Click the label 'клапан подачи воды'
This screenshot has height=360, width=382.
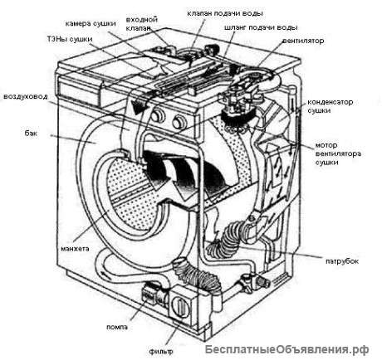[x=225, y=13]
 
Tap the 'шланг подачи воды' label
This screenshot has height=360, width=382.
[x=261, y=27]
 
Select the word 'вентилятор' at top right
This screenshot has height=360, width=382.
[x=303, y=41]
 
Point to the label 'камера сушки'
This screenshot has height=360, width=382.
[x=91, y=23]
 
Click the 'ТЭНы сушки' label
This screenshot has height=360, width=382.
[x=70, y=39]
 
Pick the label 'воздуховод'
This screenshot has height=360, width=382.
[x=26, y=97]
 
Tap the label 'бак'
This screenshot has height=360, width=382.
[x=31, y=134]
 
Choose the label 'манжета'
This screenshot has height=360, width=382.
[x=75, y=249]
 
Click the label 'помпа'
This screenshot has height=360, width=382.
[x=117, y=327]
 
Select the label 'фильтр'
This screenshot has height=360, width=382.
[x=161, y=352]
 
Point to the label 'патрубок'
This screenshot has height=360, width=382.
[x=342, y=261]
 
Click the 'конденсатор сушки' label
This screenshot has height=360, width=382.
[x=330, y=106]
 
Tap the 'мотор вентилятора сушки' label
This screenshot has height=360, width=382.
[x=338, y=153]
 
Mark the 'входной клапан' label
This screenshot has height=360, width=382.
[x=141, y=24]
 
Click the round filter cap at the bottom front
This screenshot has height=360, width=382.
[x=180, y=305]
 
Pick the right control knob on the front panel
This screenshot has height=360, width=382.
[x=178, y=122]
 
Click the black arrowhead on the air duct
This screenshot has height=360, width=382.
[x=138, y=107]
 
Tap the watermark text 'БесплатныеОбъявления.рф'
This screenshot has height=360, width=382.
[x=287, y=349]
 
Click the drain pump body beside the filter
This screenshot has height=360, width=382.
[x=153, y=296]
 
